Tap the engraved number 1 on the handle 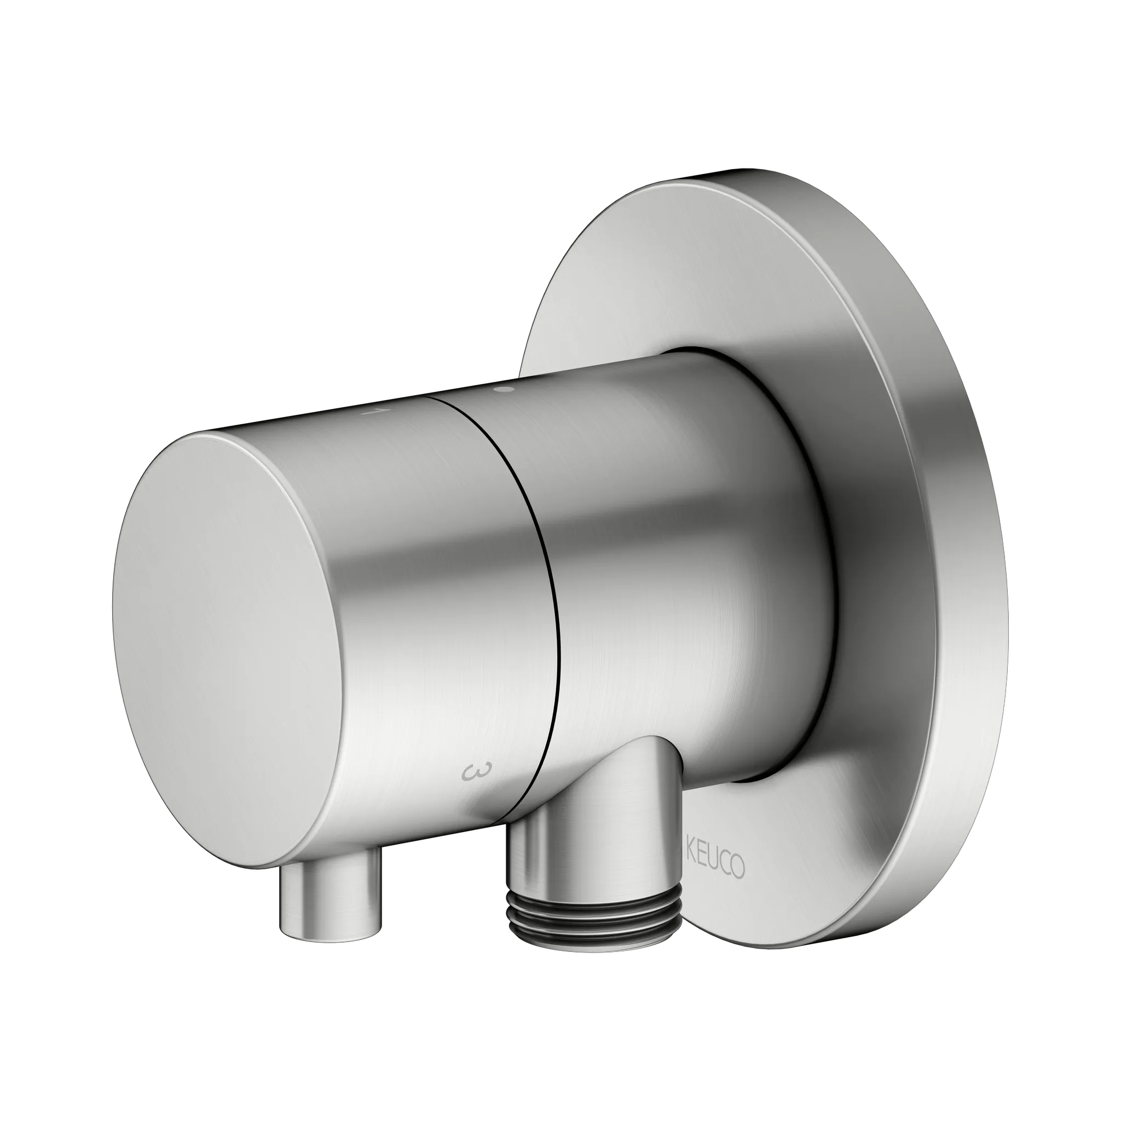[x=369, y=412]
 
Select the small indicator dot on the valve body [x=504, y=390]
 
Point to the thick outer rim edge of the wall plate [x=963, y=522]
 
